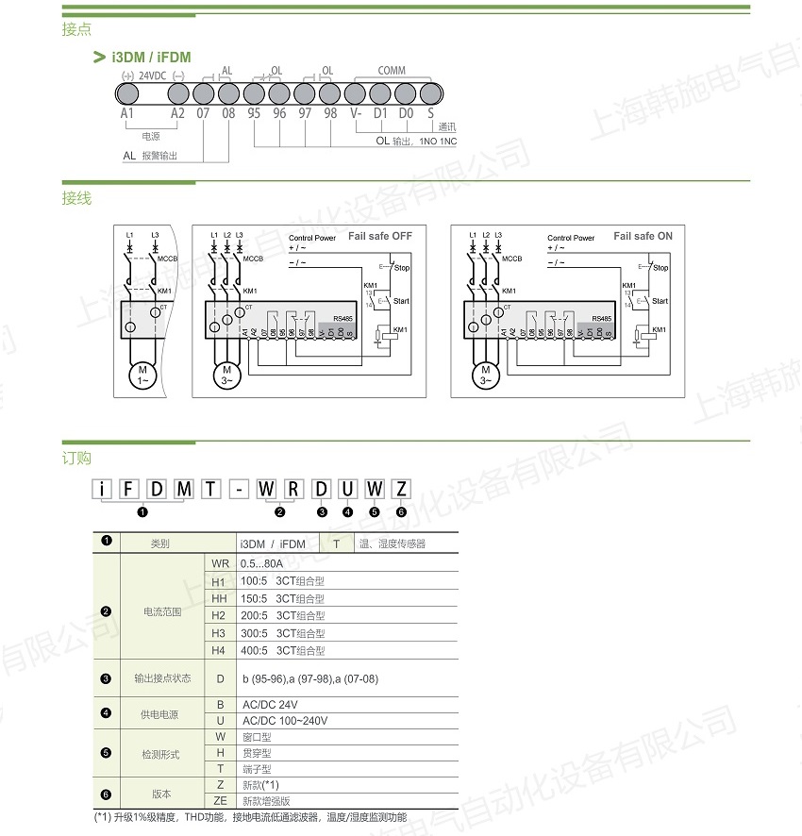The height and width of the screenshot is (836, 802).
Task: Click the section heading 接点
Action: [x=76, y=29]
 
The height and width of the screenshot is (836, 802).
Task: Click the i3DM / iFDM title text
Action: [x=151, y=58]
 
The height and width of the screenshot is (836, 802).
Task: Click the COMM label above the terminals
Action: [x=392, y=71]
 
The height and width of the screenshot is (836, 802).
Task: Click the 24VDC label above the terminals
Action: [x=152, y=75]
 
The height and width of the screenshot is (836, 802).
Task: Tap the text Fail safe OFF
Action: [x=380, y=236]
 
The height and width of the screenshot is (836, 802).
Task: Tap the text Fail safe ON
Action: [x=643, y=236]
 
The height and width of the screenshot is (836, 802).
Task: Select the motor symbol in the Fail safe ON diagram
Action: [x=485, y=375]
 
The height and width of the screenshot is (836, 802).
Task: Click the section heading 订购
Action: [x=76, y=459]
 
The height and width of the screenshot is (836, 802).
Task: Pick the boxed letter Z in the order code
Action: [x=401, y=489]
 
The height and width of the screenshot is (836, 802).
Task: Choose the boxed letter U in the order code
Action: [x=348, y=489]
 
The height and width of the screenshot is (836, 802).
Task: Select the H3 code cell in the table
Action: [x=219, y=633]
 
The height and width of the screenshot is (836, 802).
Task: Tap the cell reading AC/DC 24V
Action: [x=270, y=705]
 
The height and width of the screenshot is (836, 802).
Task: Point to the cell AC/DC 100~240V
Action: [x=285, y=721]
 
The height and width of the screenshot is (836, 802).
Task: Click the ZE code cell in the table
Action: [x=220, y=800]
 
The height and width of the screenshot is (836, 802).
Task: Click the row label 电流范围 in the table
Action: [x=161, y=612]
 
